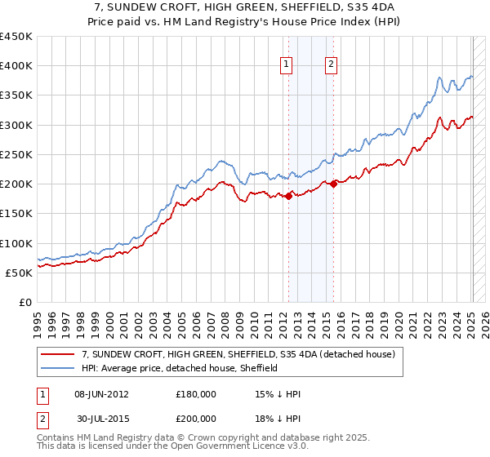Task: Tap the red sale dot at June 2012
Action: [288, 195]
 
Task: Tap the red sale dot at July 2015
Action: [333, 184]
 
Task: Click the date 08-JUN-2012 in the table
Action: [101, 394]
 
